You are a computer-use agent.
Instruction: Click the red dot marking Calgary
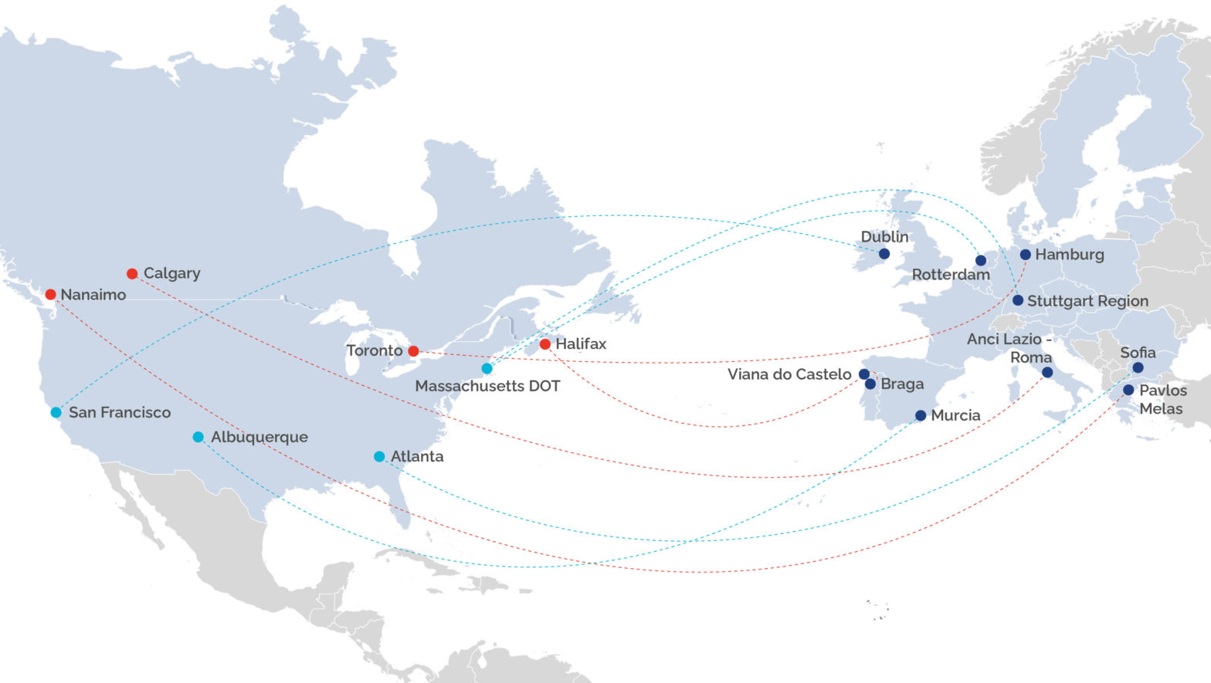[x=132, y=274]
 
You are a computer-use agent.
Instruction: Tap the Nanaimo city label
[x=93, y=295]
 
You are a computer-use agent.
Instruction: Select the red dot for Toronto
[x=413, y=351]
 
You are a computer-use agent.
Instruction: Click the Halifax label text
[x=581, y=344]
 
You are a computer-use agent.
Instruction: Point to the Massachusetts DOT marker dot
[x=487, y=369]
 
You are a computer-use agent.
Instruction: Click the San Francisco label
[x=120, y=413]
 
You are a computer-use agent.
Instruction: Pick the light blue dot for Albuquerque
[x=198, y=438]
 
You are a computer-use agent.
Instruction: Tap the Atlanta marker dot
[x=379, y=457]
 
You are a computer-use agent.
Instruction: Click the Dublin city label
[x=884, y=237]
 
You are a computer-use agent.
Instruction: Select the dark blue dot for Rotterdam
[x=981, y=261]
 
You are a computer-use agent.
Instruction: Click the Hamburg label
[x=1070, y=255]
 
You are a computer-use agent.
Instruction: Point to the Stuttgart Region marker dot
[x=1018, y=300]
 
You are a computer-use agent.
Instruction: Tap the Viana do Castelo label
[x=789, y=374]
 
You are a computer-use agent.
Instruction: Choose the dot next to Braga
[x=870, y=384]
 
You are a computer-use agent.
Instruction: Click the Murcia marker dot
[x=921, y=416]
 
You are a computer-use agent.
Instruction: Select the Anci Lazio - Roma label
[x=1009, y=348]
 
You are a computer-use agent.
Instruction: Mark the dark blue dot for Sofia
[x=1138, y=368]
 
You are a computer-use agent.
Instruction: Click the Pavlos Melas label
[x=1162, y=400]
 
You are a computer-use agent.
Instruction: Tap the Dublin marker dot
[x=884, y=254]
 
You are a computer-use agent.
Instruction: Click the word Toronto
[x=375, y=351]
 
